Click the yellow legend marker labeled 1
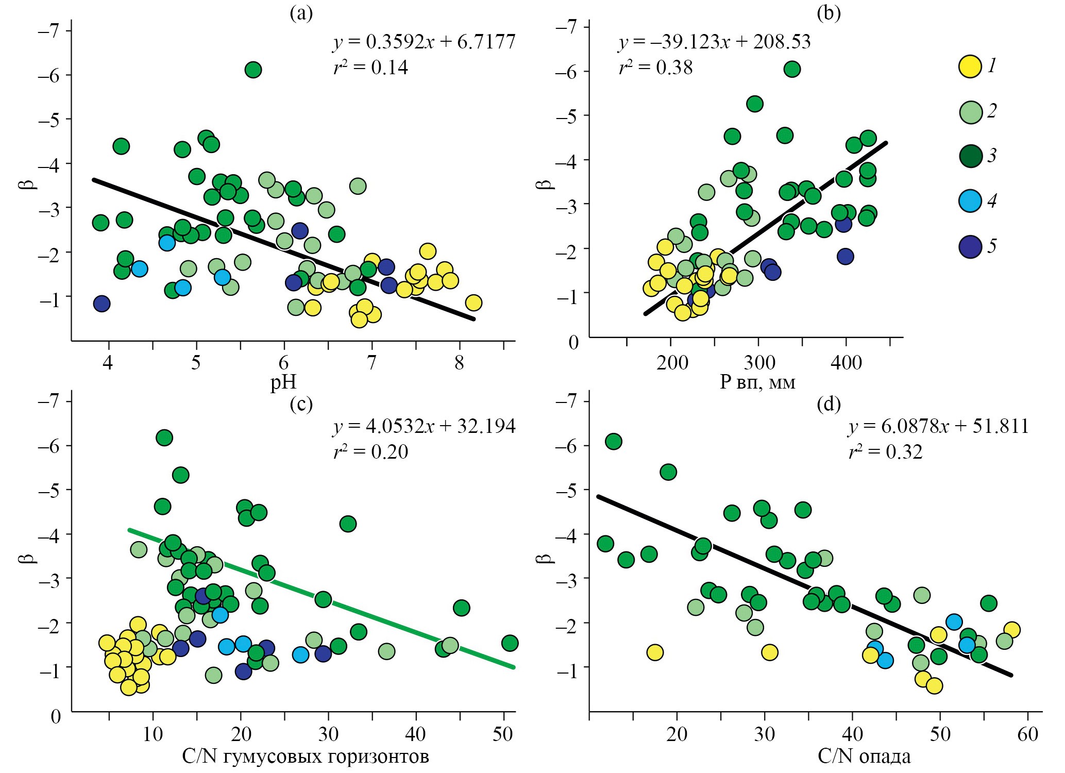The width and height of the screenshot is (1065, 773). coord(970,66)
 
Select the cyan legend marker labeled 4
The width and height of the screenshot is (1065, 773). coord(970,200)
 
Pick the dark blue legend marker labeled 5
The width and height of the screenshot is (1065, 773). coord(970,246)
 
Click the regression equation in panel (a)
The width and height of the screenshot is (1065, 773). coord(424,42)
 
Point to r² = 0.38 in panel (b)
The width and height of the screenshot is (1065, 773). coord(655,68)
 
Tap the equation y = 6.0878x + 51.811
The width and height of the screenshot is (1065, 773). coord(938,426)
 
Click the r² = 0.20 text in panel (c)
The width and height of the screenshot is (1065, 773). coord(370,452)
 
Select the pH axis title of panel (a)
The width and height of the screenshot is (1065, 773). coord(283,382)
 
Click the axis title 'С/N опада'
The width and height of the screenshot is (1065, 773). coord(864,756)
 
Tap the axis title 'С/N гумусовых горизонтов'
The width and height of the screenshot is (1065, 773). coord(305,756)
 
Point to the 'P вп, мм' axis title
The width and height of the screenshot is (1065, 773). coord(757,382)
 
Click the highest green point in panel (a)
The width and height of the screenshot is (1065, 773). coord(253,70)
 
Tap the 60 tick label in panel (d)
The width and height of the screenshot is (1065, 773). coord(1027,733)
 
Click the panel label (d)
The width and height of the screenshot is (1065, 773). coord(829,404)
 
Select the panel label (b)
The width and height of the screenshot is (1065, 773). coord(829,13)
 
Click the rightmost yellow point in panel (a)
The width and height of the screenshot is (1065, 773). coord(474,303)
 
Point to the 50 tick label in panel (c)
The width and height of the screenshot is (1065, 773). coord(502,733)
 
